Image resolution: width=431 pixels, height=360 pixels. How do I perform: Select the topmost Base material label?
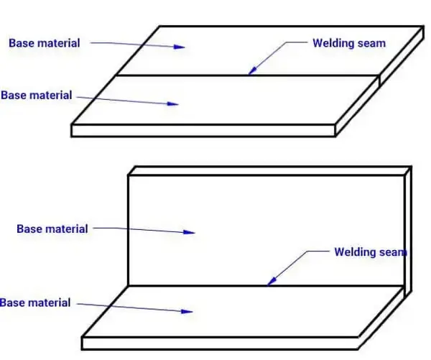[45, 43]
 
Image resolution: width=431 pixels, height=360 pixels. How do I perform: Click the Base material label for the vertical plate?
[52, 229]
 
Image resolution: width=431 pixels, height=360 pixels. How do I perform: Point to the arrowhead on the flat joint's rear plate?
[181, 47]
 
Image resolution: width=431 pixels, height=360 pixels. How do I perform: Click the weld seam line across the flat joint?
[215, 75]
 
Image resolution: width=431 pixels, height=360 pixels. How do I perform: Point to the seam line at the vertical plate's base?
[215, 286]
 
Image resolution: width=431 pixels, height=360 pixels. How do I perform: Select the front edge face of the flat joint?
[205, 130]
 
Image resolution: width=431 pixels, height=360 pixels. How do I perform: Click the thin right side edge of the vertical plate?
[407, 230]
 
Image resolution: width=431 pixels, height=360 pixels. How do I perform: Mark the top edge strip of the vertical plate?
[266, 170]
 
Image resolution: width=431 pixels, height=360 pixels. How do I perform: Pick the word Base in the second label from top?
[16, 95]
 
